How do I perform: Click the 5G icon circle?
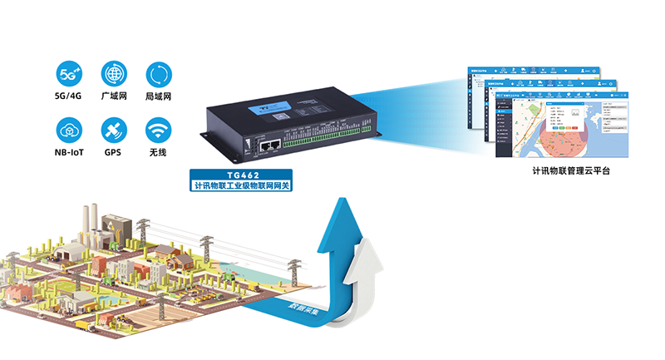(x=70, y=72)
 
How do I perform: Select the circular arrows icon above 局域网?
(x=158, y=72)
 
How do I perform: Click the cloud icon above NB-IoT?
(x=70, y=130)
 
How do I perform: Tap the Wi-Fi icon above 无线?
(x=158, y=130)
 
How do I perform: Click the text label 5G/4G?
(x=70, y=96)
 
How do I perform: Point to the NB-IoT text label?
(x=70, y=153)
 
